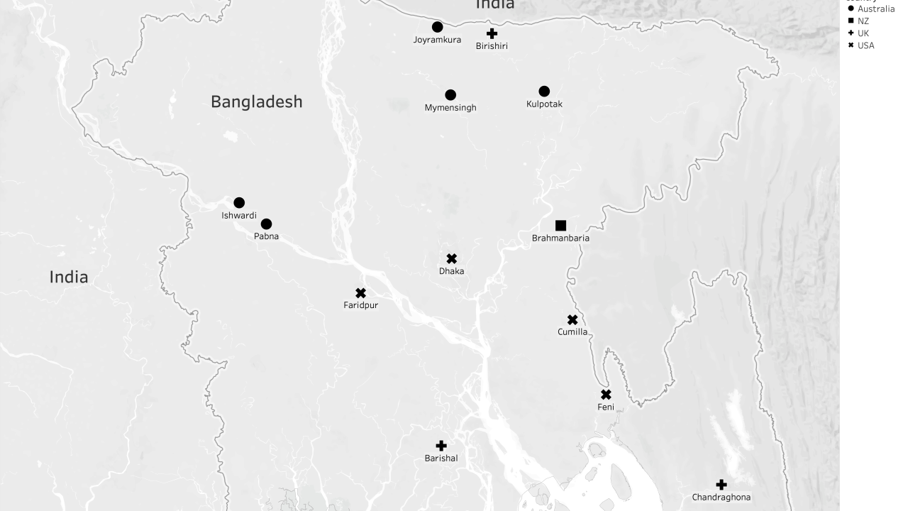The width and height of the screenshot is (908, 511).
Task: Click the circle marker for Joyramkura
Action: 438,27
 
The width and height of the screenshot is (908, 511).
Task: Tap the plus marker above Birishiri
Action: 492,33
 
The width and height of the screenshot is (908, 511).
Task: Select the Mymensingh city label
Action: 450,108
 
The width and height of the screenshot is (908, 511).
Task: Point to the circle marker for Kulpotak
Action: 544,92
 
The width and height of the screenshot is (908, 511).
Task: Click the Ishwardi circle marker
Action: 239,203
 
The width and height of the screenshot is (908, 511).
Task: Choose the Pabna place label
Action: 266,236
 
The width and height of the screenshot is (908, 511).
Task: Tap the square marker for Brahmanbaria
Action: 560,226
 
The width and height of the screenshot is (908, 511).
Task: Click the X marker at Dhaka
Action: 452,259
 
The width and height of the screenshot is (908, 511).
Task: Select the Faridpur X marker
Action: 360,293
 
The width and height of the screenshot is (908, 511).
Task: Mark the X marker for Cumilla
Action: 572,320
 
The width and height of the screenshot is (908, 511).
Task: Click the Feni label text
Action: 606,407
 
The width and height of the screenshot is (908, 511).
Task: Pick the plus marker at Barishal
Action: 441,446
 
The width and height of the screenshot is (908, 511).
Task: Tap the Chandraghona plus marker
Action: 721,485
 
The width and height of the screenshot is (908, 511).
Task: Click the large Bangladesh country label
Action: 256,101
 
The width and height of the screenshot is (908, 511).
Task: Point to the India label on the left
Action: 69,277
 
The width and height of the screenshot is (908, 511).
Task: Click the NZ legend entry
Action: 863,21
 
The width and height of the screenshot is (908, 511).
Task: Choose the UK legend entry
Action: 863,33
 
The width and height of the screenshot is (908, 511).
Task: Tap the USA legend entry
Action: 865,45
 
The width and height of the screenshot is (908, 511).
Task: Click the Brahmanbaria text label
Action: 560,238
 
